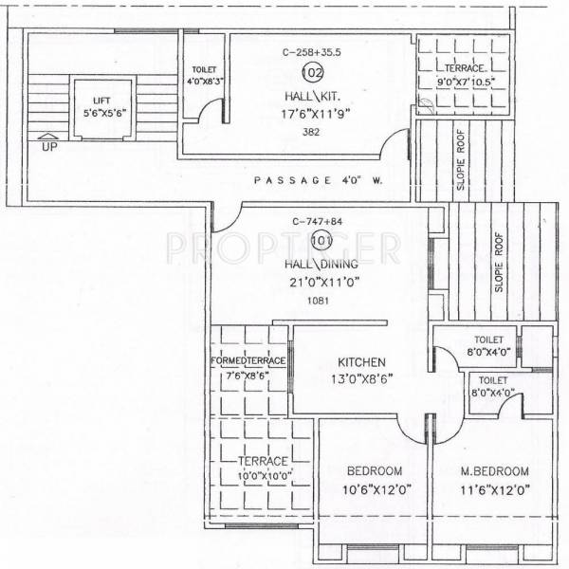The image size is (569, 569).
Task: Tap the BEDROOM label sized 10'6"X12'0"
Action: coord(374,471)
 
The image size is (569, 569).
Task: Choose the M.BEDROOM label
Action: coord(493,471)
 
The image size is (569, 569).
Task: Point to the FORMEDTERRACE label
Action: coord(248,361)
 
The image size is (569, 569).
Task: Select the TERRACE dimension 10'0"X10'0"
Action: coord(263,475)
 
